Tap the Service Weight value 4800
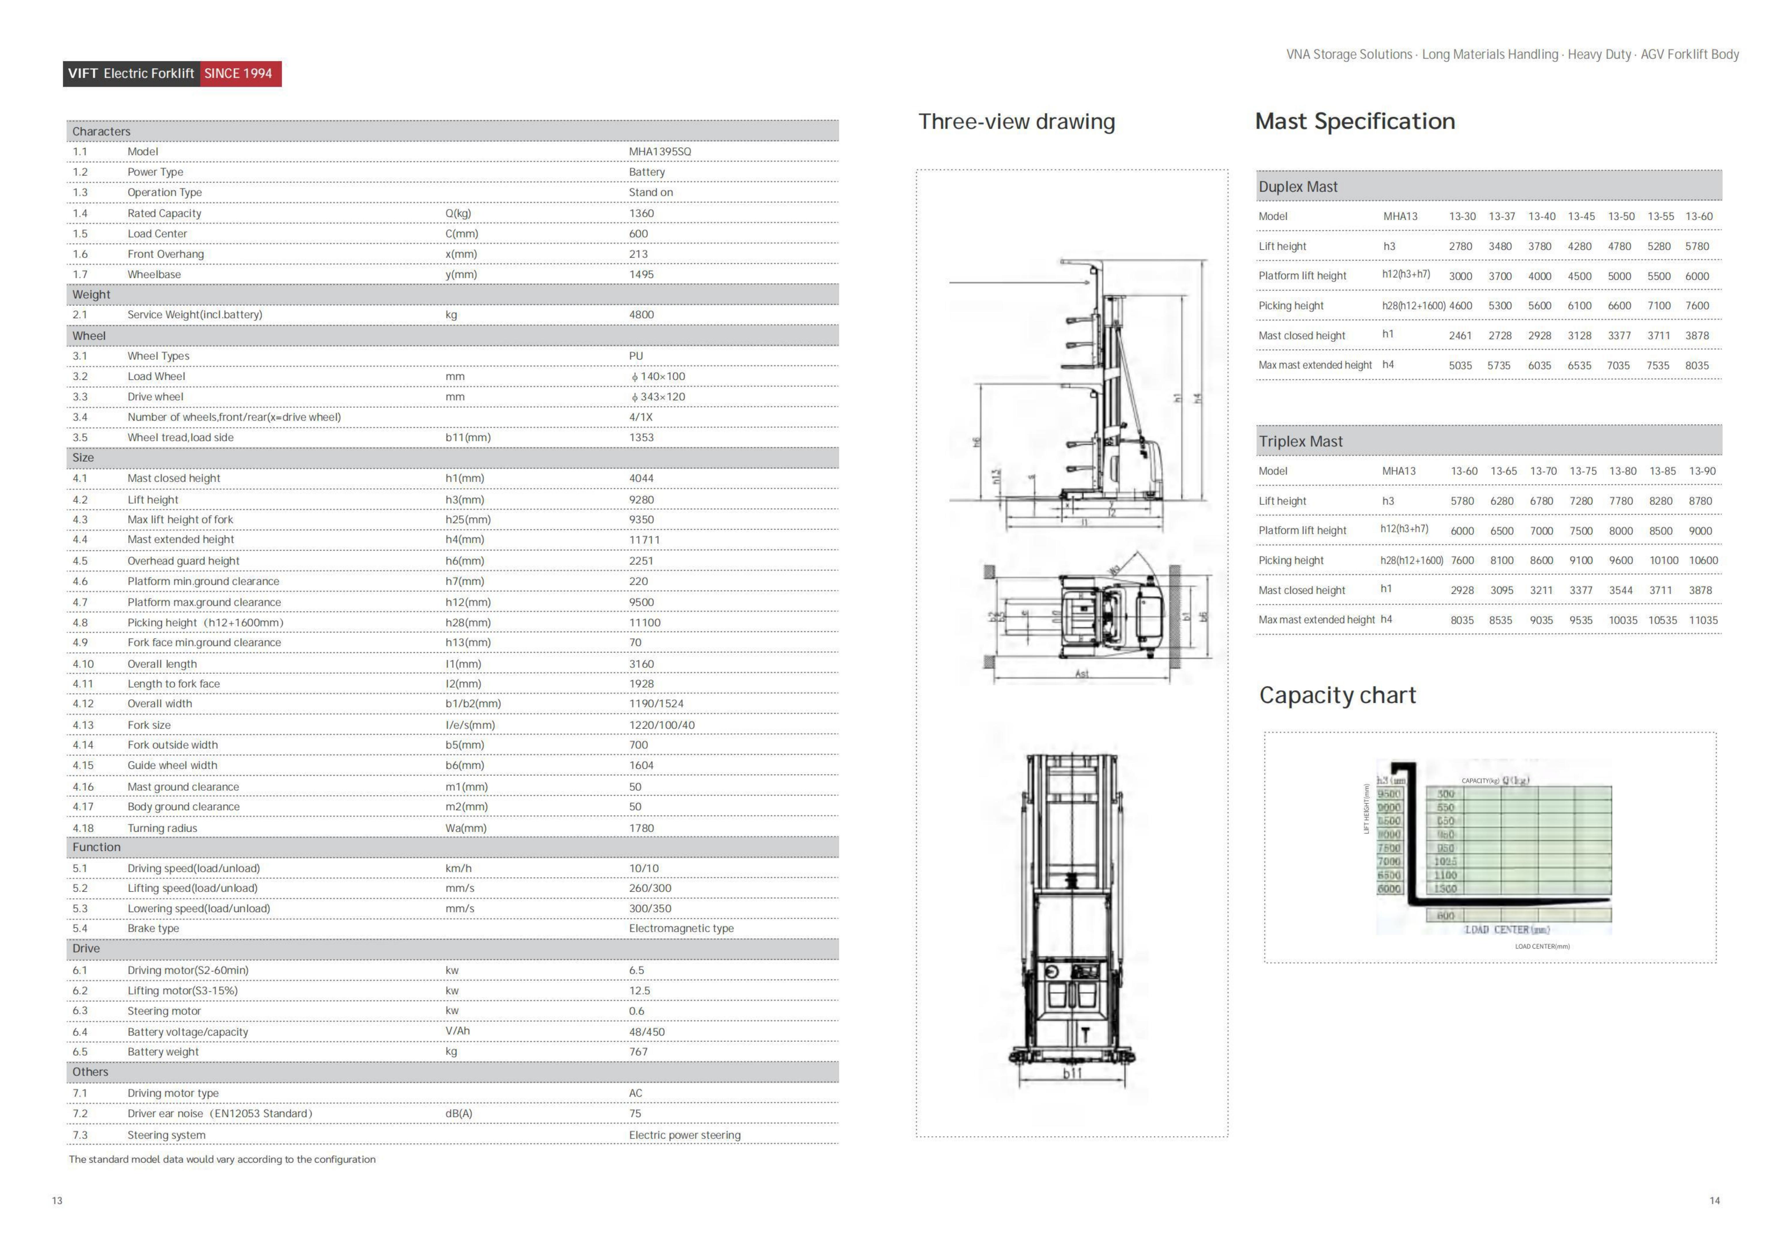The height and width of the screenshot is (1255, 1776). (641, 315)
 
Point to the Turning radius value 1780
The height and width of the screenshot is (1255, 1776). (641, 828)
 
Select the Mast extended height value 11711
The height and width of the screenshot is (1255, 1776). (644, 540)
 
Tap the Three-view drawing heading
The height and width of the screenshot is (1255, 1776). (1017, 121)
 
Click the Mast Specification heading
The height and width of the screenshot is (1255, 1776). (1355, 121)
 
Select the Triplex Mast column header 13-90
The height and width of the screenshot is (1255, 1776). (1702, 471)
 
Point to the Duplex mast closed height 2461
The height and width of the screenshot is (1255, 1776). (1460, 335)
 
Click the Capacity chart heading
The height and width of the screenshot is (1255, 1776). (1338, 695)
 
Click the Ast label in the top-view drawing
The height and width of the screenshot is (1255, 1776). (1081, 674)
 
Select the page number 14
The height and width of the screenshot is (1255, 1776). (1714, 1201)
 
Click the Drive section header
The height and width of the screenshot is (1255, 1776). (86, 949)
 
